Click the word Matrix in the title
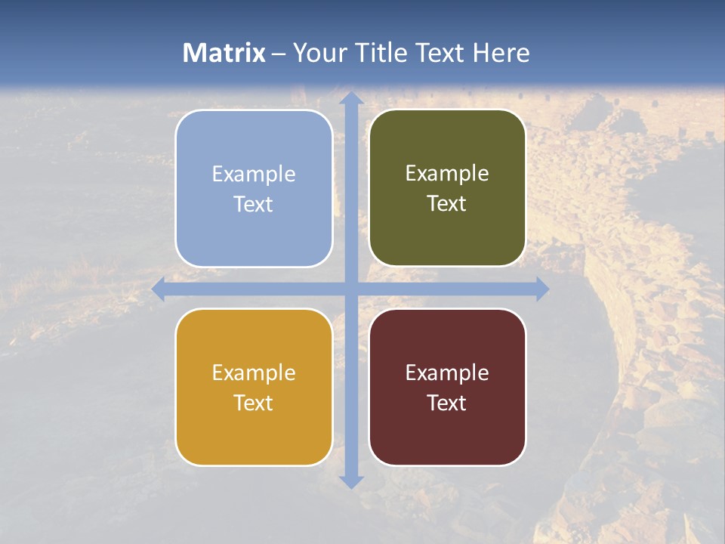(224, 53)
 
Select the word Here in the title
(501, 53)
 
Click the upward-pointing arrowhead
(350, 98)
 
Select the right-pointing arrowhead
(541, 289)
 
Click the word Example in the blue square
(254, 175)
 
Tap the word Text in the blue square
(254, 205)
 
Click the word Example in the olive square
(447, 174)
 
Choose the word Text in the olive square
(447, 204)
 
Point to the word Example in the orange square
(254, 373)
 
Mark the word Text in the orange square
(254, 403)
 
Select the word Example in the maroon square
(447, 373)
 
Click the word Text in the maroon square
(447, 403)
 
